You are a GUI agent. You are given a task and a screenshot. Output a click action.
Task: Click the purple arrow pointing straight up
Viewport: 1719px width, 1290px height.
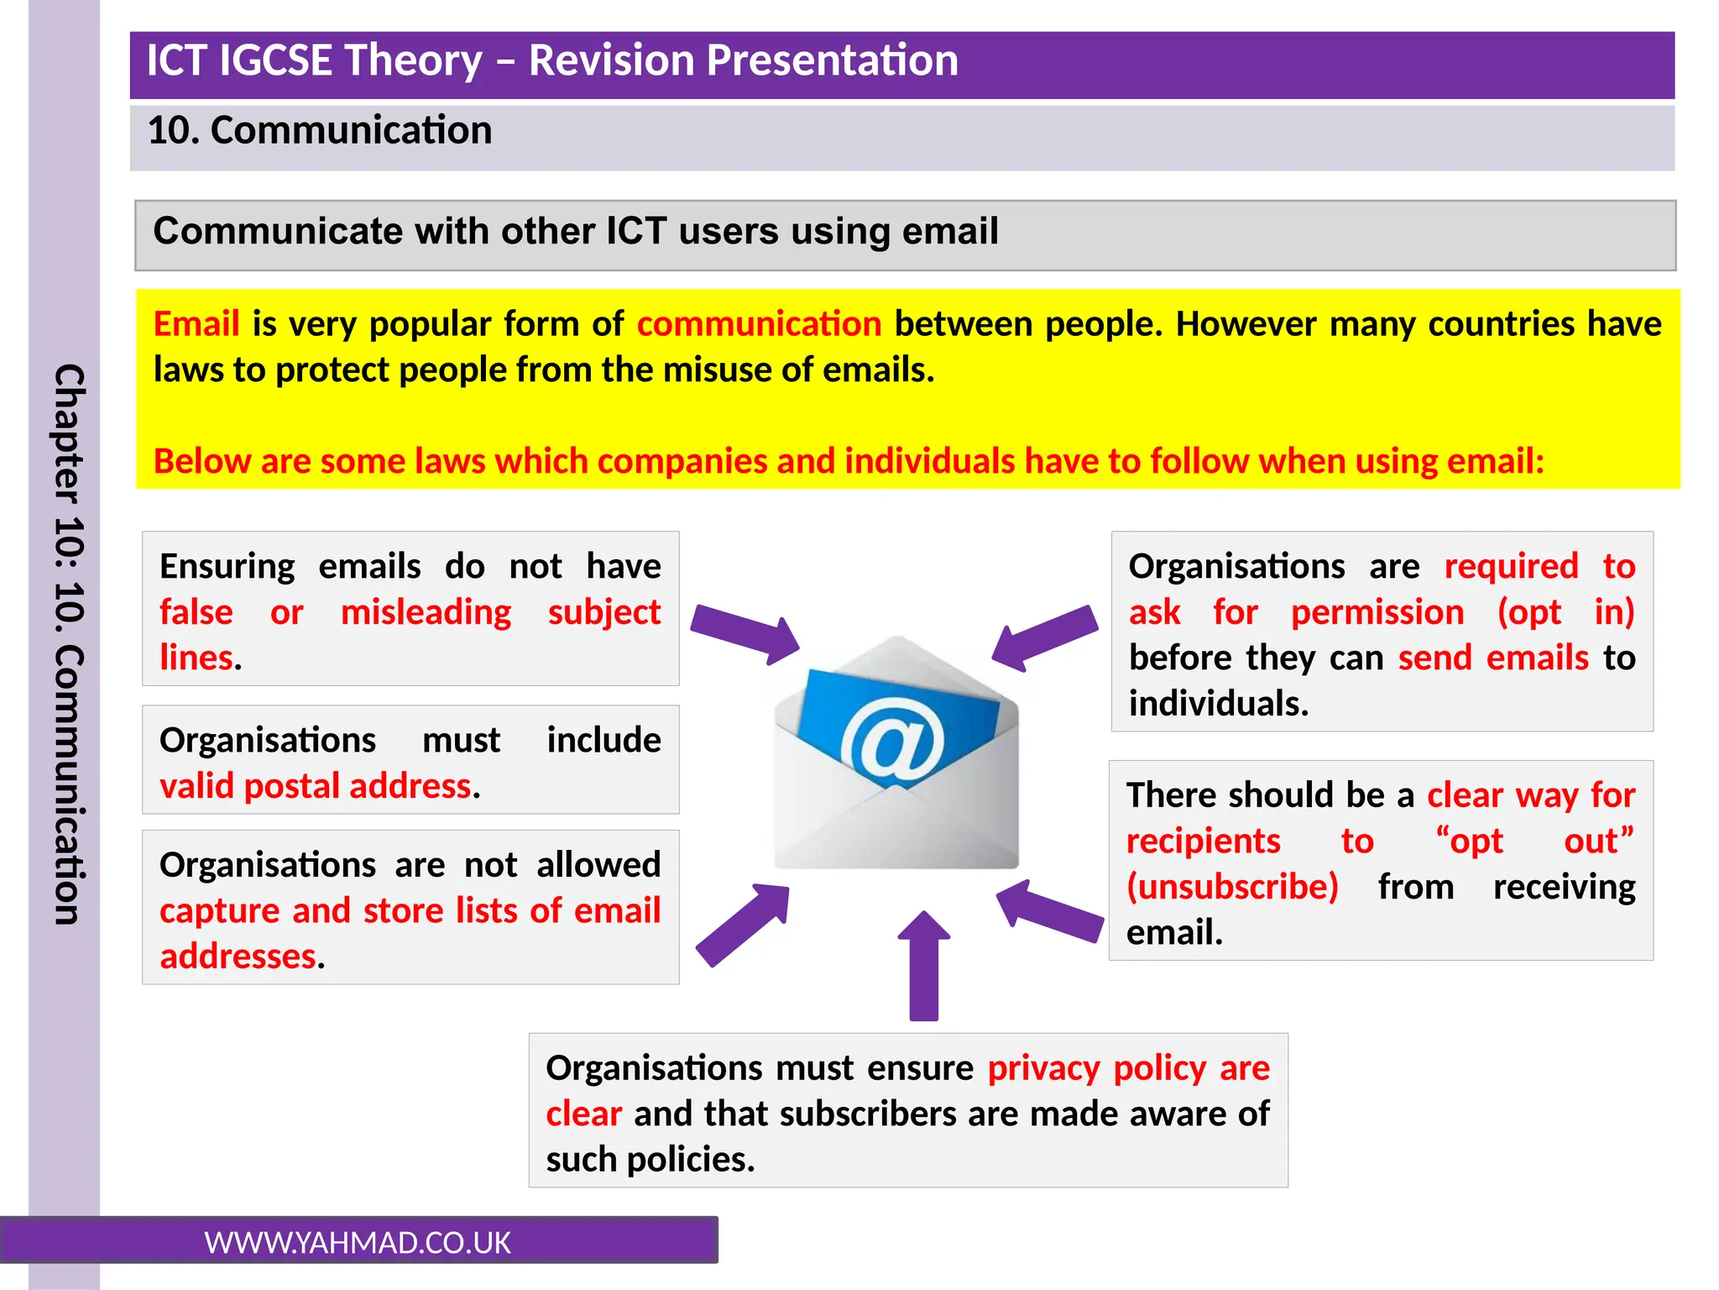coord(923,966)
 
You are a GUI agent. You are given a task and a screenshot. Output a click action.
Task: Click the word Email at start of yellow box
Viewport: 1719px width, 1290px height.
coord(196,324)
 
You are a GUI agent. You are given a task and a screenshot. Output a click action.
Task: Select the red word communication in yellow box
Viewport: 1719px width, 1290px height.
coord(759,324)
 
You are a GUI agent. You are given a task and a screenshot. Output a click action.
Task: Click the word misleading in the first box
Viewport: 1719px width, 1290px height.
coord(426,612)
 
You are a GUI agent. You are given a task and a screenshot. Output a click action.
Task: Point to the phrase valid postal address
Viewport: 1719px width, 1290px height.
coord(316,786)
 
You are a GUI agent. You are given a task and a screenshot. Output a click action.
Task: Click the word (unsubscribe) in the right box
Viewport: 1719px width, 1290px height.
coord(1231,887)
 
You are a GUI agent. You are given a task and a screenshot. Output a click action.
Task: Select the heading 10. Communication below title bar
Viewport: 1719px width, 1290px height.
coord(320,131)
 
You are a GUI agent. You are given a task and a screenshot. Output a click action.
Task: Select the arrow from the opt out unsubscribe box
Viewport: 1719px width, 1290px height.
coord(1049,910)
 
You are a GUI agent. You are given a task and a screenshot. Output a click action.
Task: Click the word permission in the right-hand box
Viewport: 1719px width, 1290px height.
coord(1377,612)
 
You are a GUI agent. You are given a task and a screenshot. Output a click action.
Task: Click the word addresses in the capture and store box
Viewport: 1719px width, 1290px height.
coord(238,957)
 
